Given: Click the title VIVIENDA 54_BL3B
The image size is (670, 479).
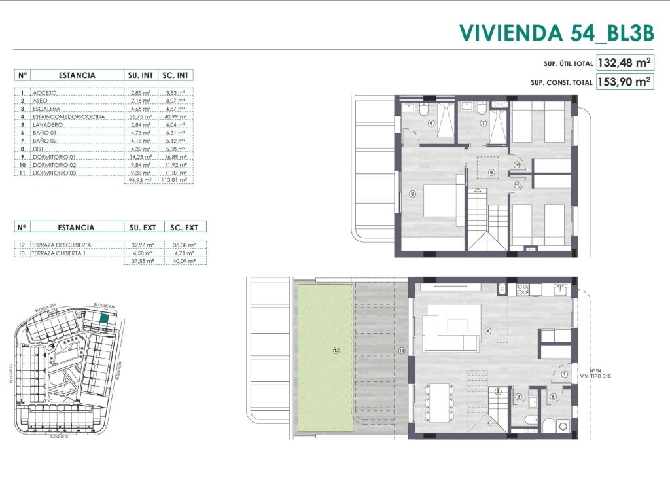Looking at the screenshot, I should point(556,32).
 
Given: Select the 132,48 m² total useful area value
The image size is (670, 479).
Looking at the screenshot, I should point(625,63).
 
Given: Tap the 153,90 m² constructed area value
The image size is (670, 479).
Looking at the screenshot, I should point(625,82).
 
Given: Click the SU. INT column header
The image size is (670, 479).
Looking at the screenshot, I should point(140,75).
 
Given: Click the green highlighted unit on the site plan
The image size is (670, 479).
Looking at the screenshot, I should point(105,320).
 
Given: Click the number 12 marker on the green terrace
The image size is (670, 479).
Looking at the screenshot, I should point(336,351).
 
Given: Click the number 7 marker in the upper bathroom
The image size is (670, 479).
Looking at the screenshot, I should point(483,122).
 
